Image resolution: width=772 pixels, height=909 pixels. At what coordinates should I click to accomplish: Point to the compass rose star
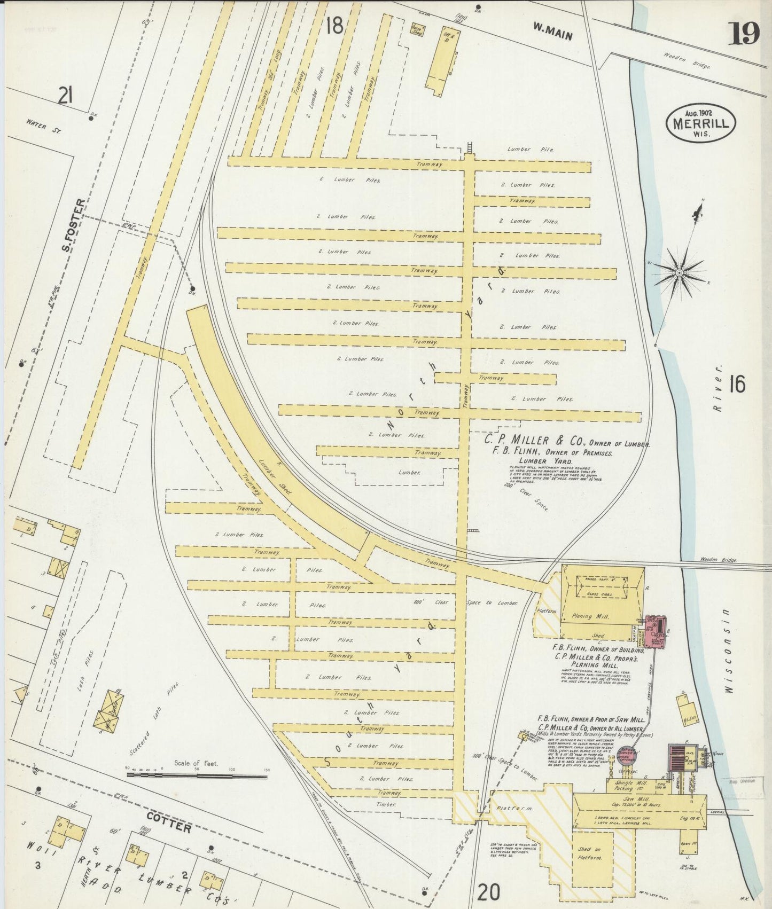679,272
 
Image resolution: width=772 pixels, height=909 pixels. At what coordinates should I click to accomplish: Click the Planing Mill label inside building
589,616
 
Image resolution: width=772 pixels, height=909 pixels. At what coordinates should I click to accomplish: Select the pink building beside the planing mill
655,631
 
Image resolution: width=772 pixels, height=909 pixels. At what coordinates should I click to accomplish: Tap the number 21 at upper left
66,96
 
